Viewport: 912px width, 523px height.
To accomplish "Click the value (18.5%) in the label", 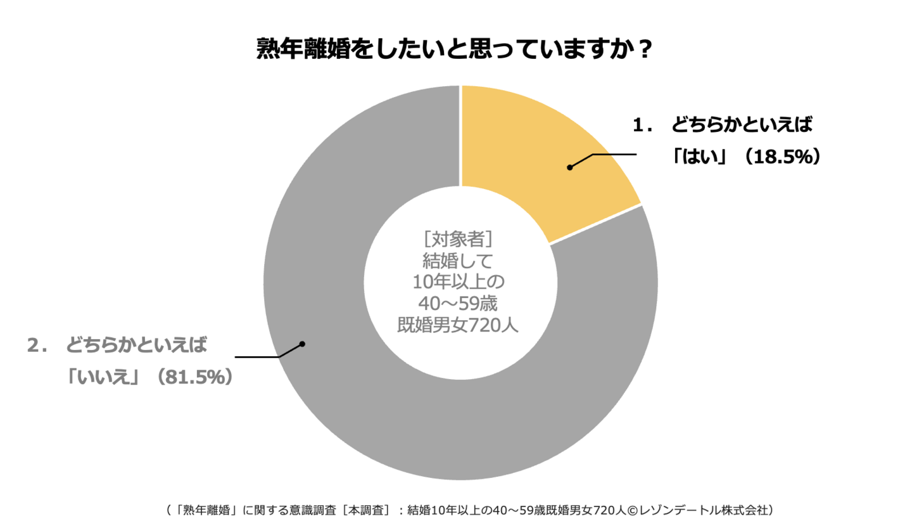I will [783, 157].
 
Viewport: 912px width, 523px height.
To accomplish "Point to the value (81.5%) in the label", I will [194, 378].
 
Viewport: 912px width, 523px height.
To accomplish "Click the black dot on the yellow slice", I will [570, 167].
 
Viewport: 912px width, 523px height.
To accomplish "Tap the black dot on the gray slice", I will [302, 344].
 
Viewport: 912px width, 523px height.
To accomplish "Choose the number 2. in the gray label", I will [37, 346].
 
